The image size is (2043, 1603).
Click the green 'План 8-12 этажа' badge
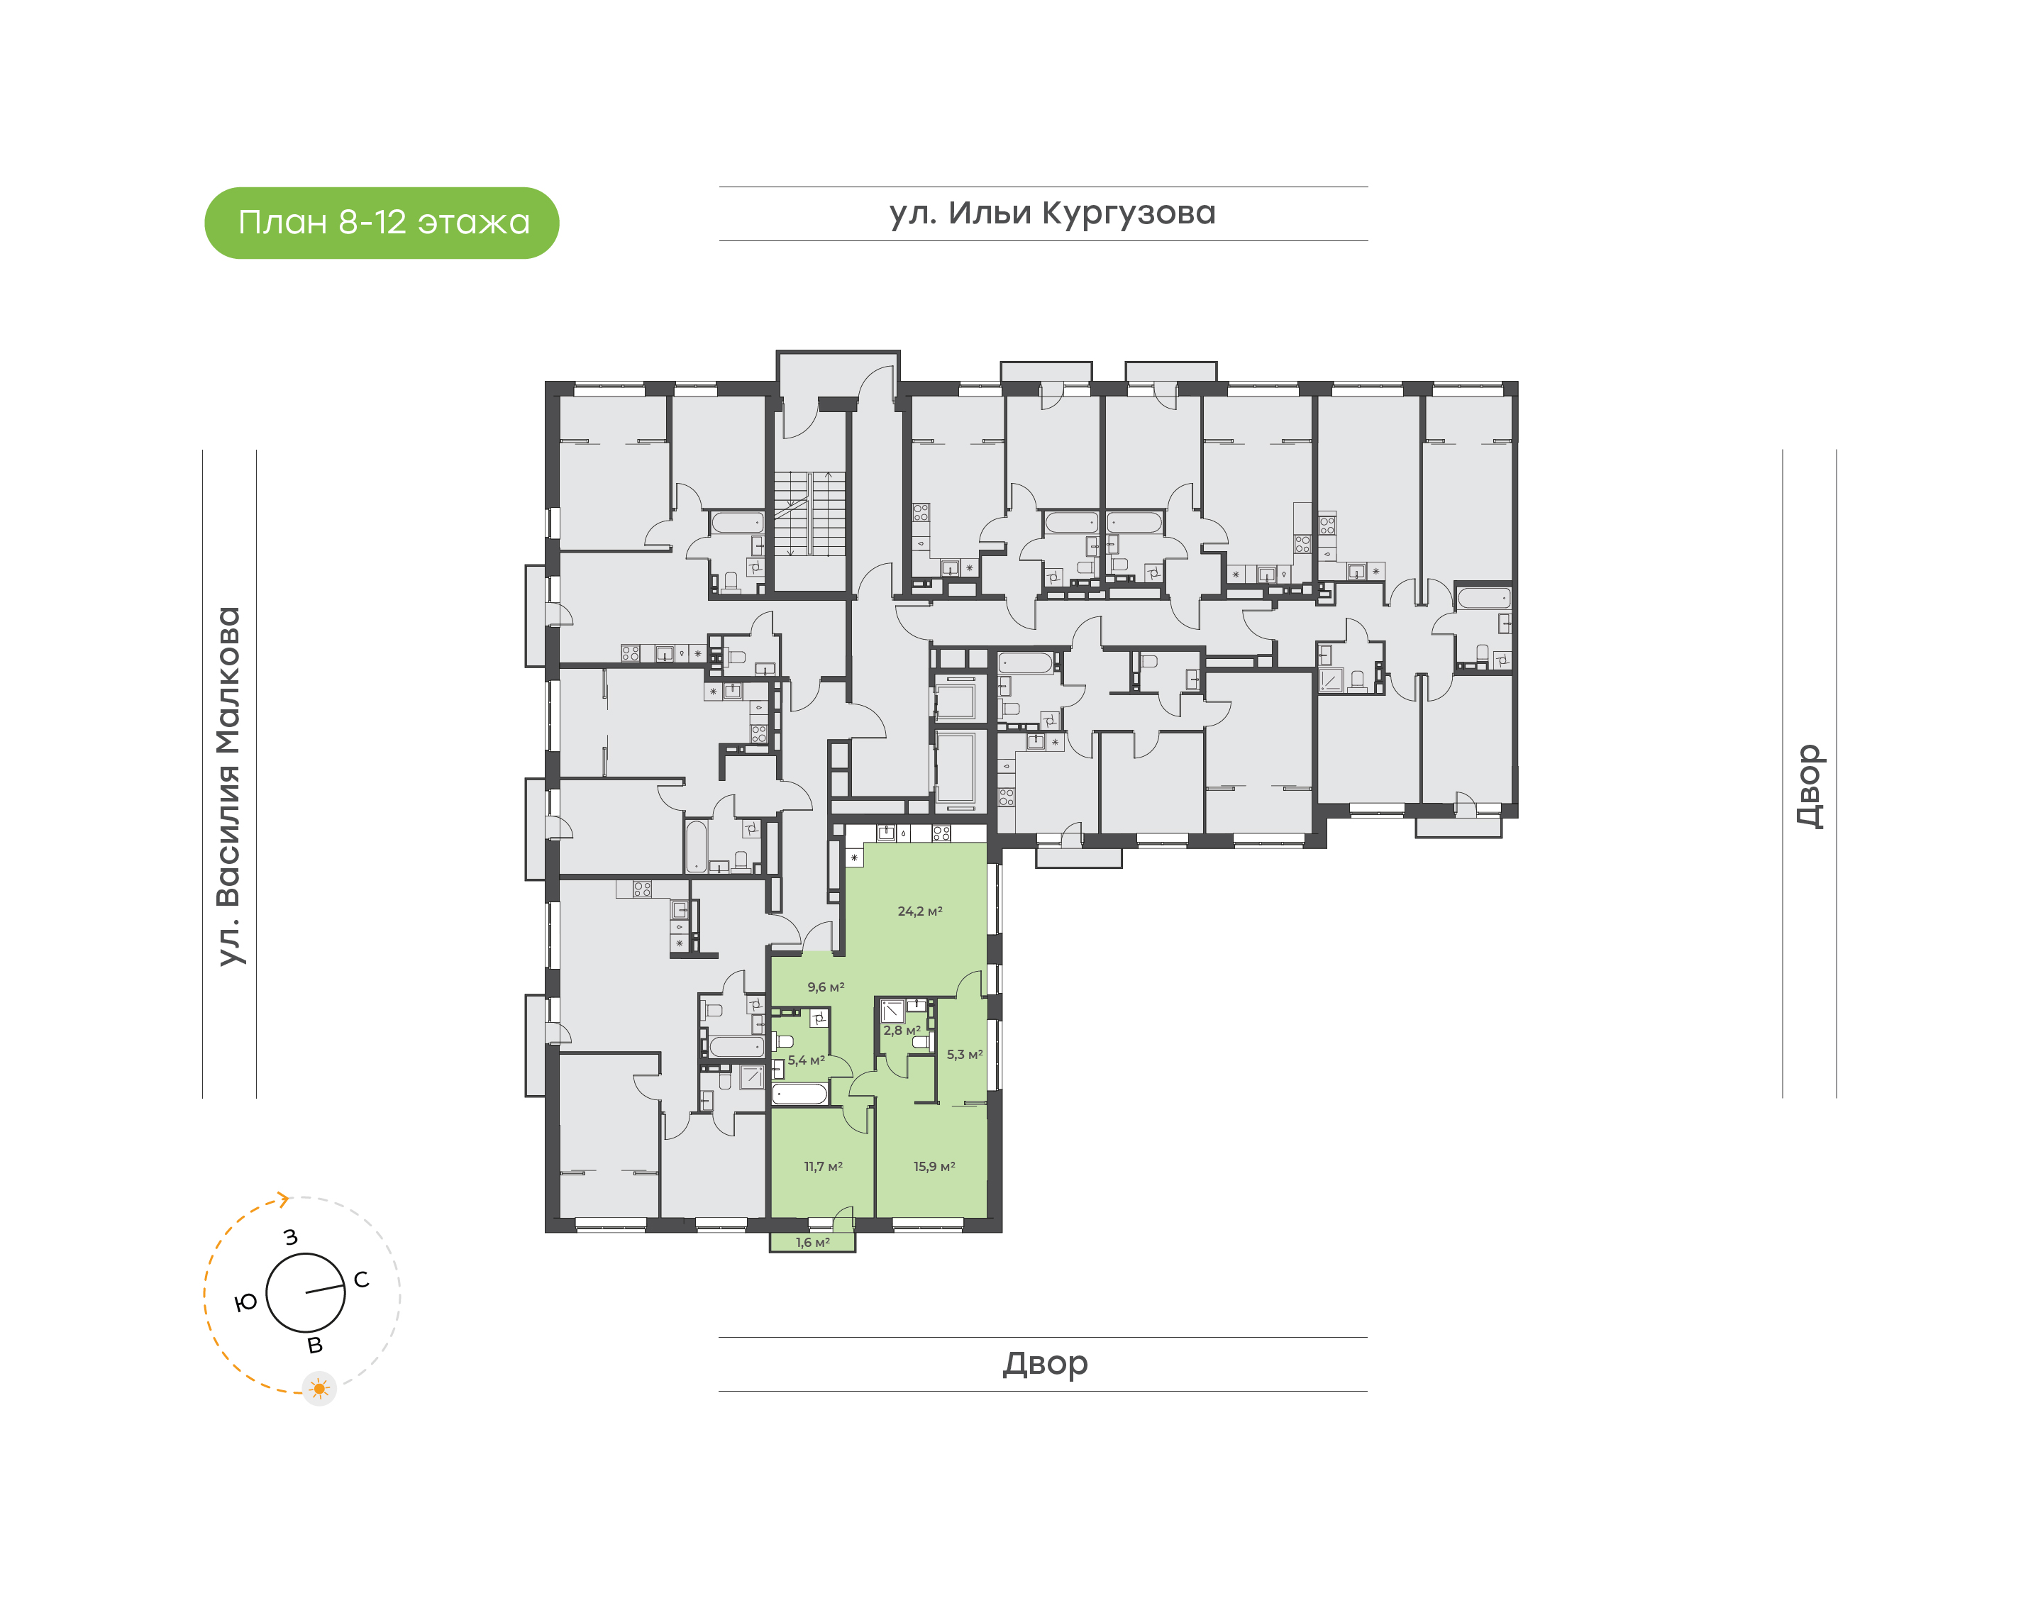[x=381, y=223]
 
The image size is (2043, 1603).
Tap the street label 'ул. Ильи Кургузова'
[x=1051, y=213]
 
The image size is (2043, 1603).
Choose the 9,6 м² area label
[x=825, y=987]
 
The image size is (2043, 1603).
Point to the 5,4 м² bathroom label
[x=805, y=1060]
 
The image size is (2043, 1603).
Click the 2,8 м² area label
[x=901, y=1030]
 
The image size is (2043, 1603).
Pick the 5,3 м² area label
[x=964, y=1054]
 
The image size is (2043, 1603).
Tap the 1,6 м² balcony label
[x=812, y=1242]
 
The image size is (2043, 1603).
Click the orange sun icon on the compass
[x=319, y=1388]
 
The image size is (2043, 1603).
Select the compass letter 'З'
[x=291, y=1237]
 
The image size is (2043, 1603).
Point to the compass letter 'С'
[x=361, y=1280]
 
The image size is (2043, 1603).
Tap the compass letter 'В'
[x=316, y=1345]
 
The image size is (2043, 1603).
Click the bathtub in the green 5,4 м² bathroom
[x=799, y=1094]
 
